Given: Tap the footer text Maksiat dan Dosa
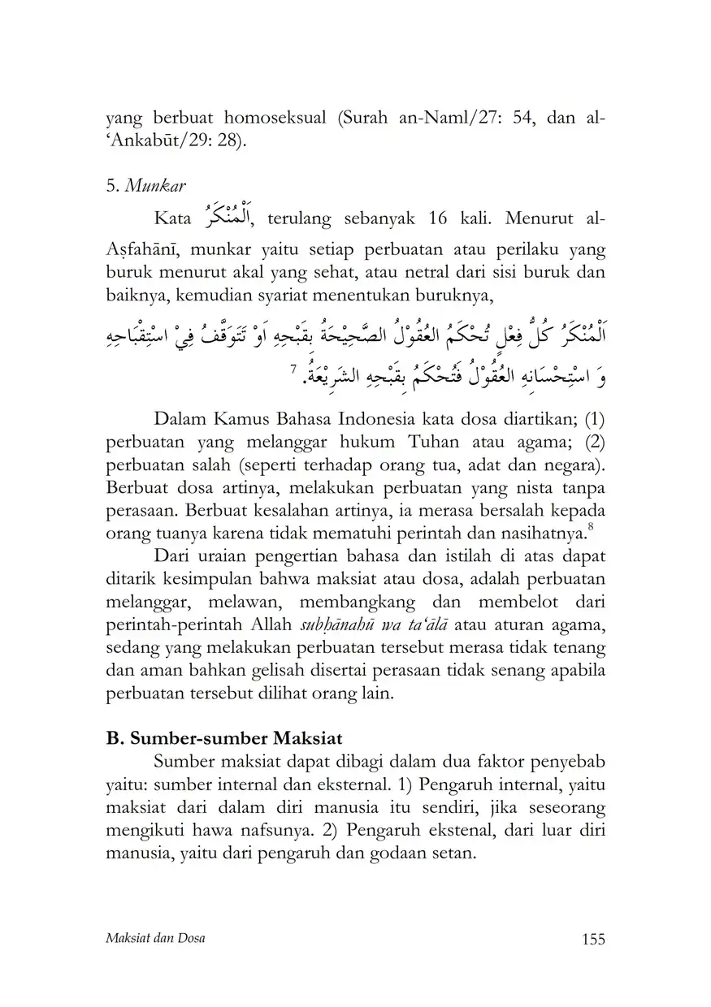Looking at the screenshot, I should tap(156, 939).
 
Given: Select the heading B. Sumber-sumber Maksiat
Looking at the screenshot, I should tap(224, 740).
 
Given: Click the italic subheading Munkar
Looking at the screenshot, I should tap(156, 185).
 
